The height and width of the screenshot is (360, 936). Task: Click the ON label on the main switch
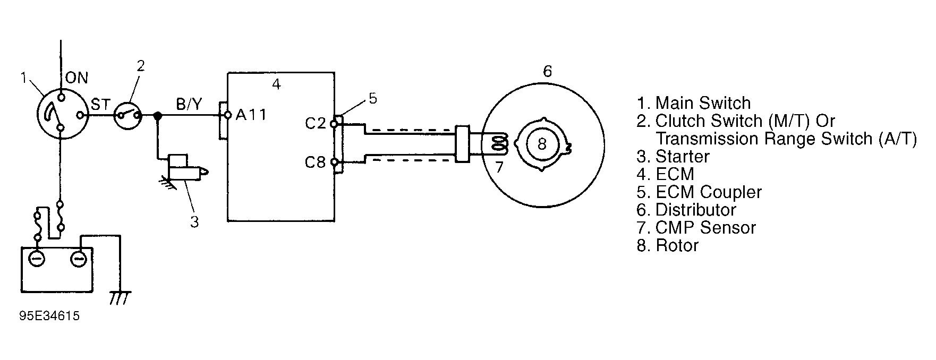[x=76, y=78]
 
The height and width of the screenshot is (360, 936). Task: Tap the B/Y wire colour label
[x=189, y=104]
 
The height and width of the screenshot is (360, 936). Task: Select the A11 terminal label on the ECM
[x=251, y=115]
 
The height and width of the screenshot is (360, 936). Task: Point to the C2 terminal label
[x=315, y=123]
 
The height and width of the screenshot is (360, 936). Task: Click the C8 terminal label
[x=315, y=162]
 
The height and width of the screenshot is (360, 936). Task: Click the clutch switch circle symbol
[x=128, y=115]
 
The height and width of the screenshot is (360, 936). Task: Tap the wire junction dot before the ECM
[x=157, y=115]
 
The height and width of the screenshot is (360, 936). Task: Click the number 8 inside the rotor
[x=542, y=144]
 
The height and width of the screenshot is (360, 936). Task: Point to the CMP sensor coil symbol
[x=499, y=143]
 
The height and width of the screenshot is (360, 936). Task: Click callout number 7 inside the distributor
[x=499, y=167]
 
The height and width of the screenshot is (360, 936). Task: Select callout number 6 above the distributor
[x=547, y=71]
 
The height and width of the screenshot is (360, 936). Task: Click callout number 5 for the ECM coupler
[x=373, y=99]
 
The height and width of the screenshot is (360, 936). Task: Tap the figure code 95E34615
[x=49, y=316]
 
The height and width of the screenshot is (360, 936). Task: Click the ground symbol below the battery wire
[x=117, y=298]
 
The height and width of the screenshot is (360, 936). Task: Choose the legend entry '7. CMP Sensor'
[x=696, y=228]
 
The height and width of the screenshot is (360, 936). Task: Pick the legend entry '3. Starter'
[x=673, y=157]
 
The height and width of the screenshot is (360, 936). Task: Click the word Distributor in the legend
[x=696, y=210]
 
